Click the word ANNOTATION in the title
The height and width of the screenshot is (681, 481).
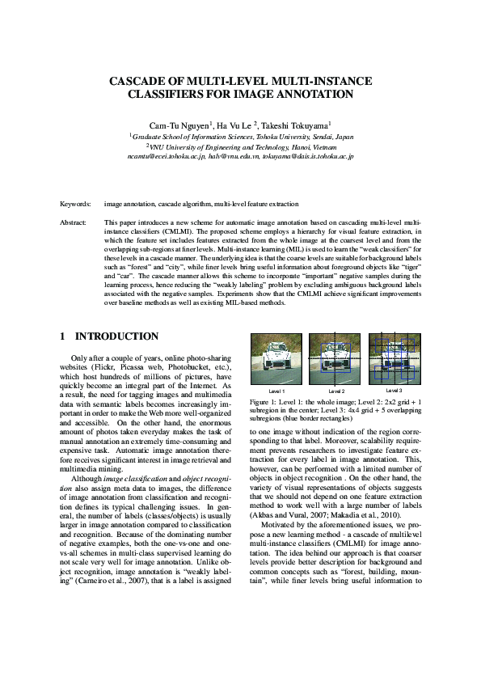tap(313, 94)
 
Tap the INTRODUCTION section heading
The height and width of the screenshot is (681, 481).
tap(116, 336)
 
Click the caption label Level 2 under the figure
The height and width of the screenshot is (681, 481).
tap(338, 391)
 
